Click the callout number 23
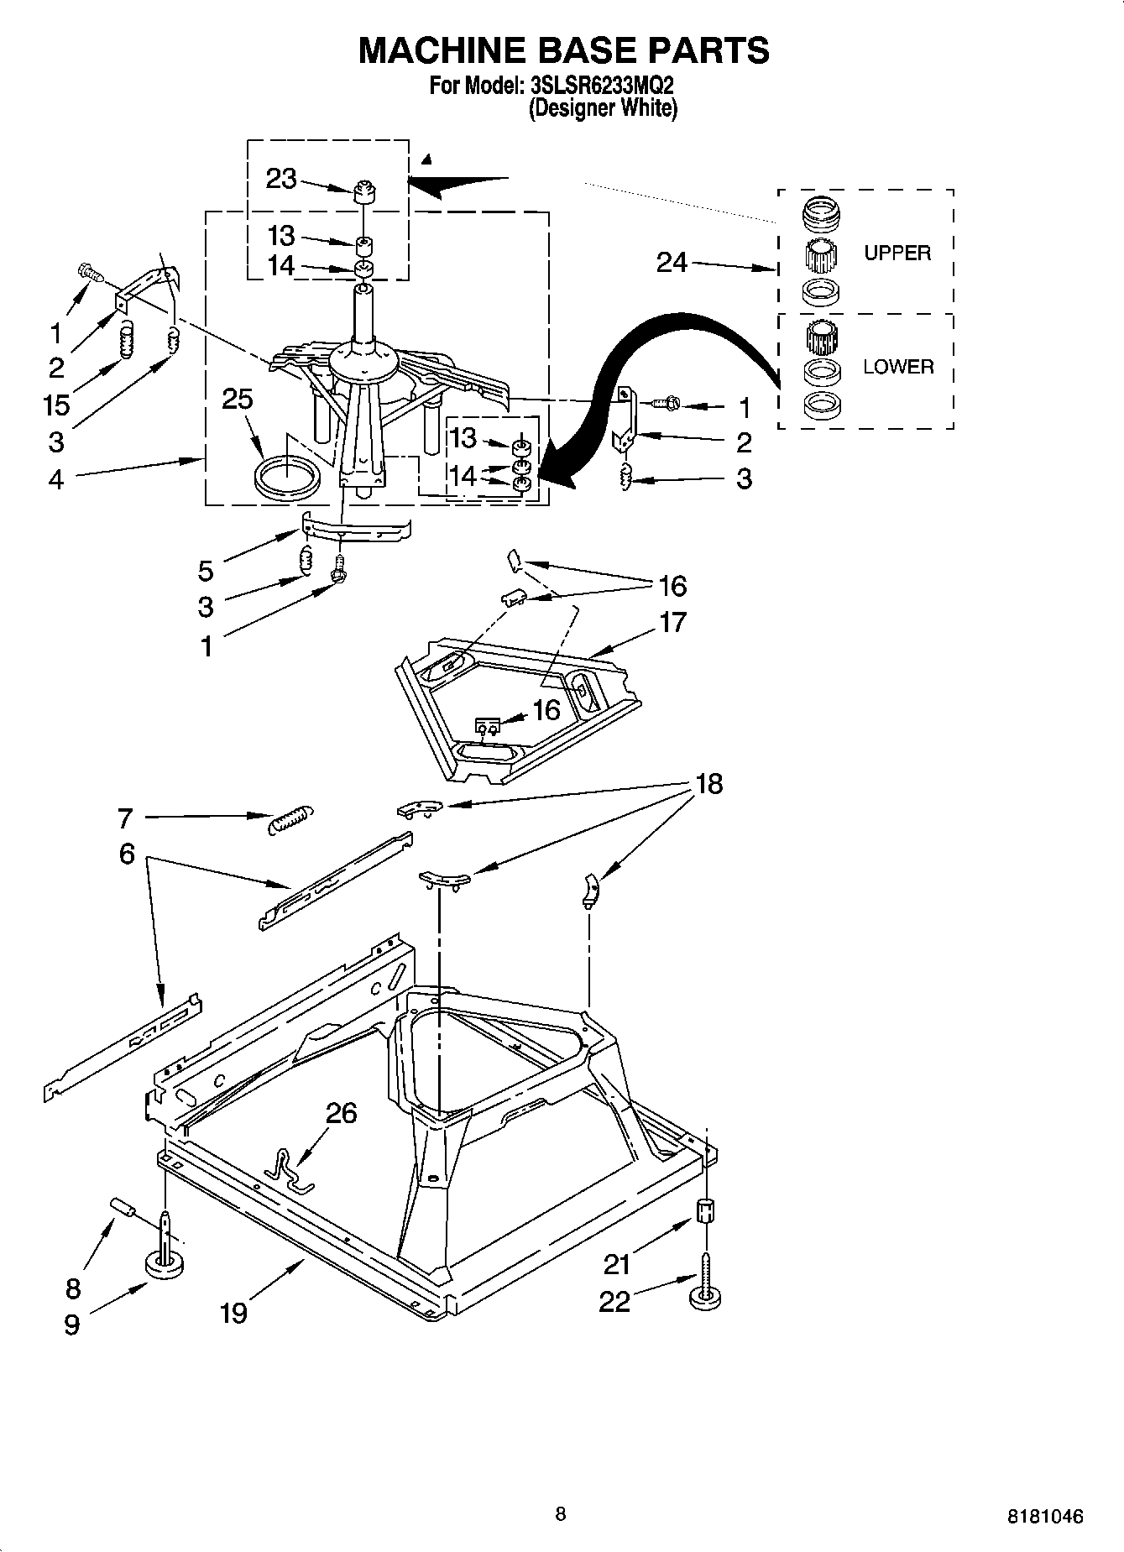pyautogui.click(x=281, y=179)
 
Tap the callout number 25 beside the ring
pyautogui.click(x=238, y=399)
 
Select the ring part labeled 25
pyautogui.click(x=286, y=478)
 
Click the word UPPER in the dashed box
pyautogui.click(x=897, y=253)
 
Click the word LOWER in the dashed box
pyautogui.click(x=898, y=367)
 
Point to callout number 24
pyautogui.click(x=672, y=263)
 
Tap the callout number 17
pyautogui.click(x=673, y=622)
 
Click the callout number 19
pyautogui.click(x=233, y=1312)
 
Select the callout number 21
pyautogui.click(x=617, y=1263)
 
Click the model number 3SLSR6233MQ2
pyautogui.click(x=602, y=85)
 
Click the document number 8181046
pyautogui.click(x=1045, y=1517)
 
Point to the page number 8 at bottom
pyautogui.click(x=561, y=1513)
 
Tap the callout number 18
pyautogui.click(x=708, y=784)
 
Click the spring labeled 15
pyautogui.click(x=125, y=340)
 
